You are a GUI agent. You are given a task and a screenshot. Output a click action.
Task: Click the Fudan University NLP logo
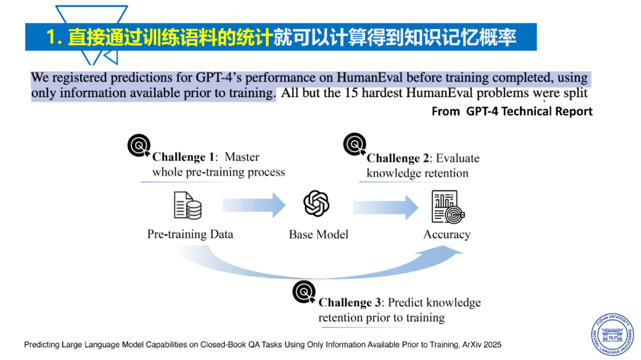point(612,334)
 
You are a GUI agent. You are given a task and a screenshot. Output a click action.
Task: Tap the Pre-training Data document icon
point(188,206)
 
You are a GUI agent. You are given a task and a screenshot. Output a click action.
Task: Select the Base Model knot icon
point(316,203)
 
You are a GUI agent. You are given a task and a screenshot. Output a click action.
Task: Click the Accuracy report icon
point(448,207)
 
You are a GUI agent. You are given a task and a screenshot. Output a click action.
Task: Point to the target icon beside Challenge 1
point(139,145)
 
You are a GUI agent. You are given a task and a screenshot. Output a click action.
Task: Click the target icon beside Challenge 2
point(355,144)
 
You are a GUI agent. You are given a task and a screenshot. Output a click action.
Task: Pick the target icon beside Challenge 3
point(304,292)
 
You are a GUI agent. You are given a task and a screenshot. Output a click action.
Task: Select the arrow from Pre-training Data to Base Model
point(254,205)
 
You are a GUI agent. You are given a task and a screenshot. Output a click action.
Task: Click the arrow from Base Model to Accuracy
point(386,207)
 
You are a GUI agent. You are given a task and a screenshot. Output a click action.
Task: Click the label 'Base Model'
point(319,234)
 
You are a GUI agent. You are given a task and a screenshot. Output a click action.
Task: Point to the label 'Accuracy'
point(447,235)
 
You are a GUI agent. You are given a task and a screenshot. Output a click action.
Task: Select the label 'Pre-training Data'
point(190,234)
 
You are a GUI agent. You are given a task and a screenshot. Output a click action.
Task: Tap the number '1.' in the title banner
point(54,37)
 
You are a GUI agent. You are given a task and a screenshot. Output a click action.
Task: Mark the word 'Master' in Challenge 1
point(242,157)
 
